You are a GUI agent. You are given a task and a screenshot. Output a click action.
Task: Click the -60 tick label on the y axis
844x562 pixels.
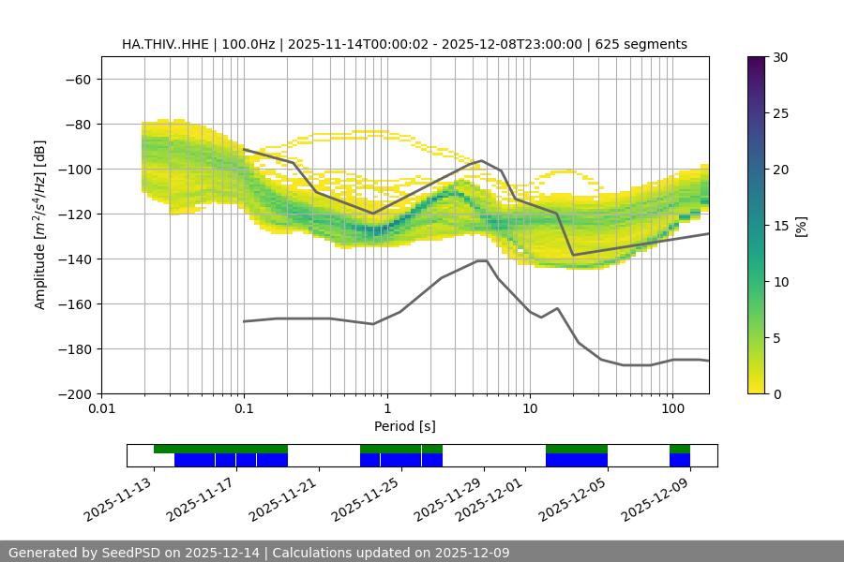tap(77, 79)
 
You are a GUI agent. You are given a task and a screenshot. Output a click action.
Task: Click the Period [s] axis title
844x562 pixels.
tap(405, 426)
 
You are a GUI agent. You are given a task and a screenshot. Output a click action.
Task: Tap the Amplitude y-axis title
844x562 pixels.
tap(40, 225)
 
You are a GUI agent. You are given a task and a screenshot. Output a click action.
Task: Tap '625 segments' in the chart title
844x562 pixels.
tap(642, 44)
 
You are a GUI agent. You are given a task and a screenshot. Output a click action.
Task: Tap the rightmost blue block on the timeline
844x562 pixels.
tap(680, 460)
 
